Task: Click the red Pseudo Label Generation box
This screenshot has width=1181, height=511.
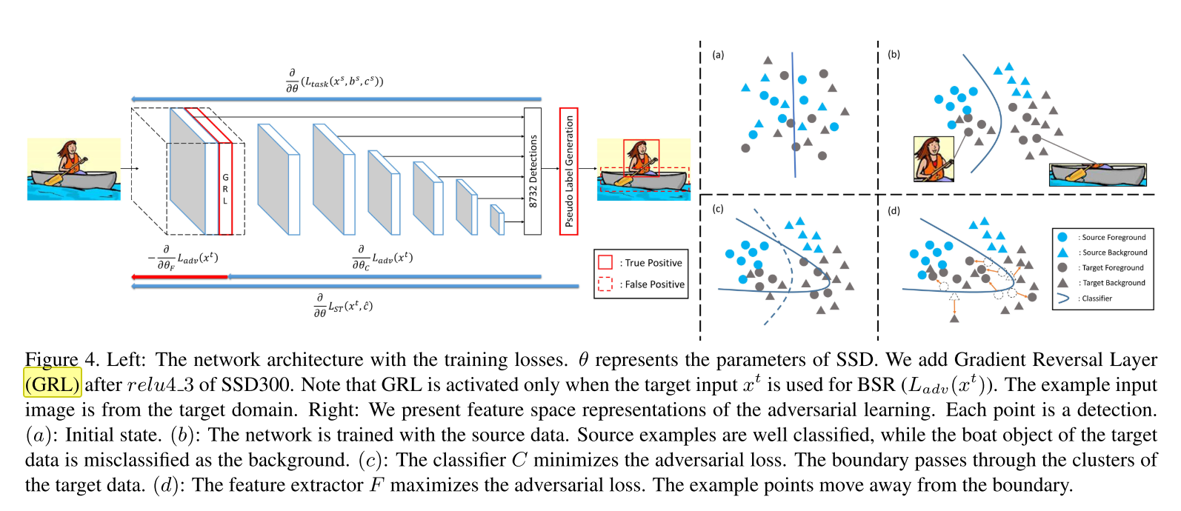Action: click(568, 171)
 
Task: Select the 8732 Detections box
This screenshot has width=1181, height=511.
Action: click(533, 171)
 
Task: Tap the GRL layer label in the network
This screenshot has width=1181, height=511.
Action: click(225, 189)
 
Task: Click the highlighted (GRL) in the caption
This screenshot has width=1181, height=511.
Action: click(53, 384)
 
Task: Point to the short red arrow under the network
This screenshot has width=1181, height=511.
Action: click(179, 277)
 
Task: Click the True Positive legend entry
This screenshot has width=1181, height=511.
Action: click(641, 263)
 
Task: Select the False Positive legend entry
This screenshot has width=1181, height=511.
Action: click(641, 284)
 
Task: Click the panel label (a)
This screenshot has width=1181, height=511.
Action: click(718, 55)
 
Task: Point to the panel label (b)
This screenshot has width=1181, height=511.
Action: click(894, 54)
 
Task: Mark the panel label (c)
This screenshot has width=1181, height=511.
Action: click(718, 210)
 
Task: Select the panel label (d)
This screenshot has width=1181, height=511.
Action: click(894, 211)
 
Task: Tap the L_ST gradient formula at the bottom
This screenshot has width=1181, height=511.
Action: click(343, 304)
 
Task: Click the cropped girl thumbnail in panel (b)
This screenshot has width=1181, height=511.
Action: click(934, 159)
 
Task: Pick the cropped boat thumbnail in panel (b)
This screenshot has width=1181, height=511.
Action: click(1098, 175)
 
